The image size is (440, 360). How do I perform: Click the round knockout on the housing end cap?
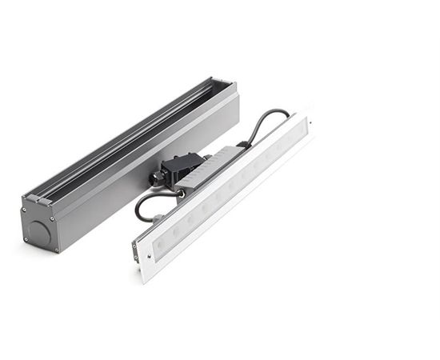(x=38, y=232)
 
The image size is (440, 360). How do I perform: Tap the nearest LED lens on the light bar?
(x=161, y=242)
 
